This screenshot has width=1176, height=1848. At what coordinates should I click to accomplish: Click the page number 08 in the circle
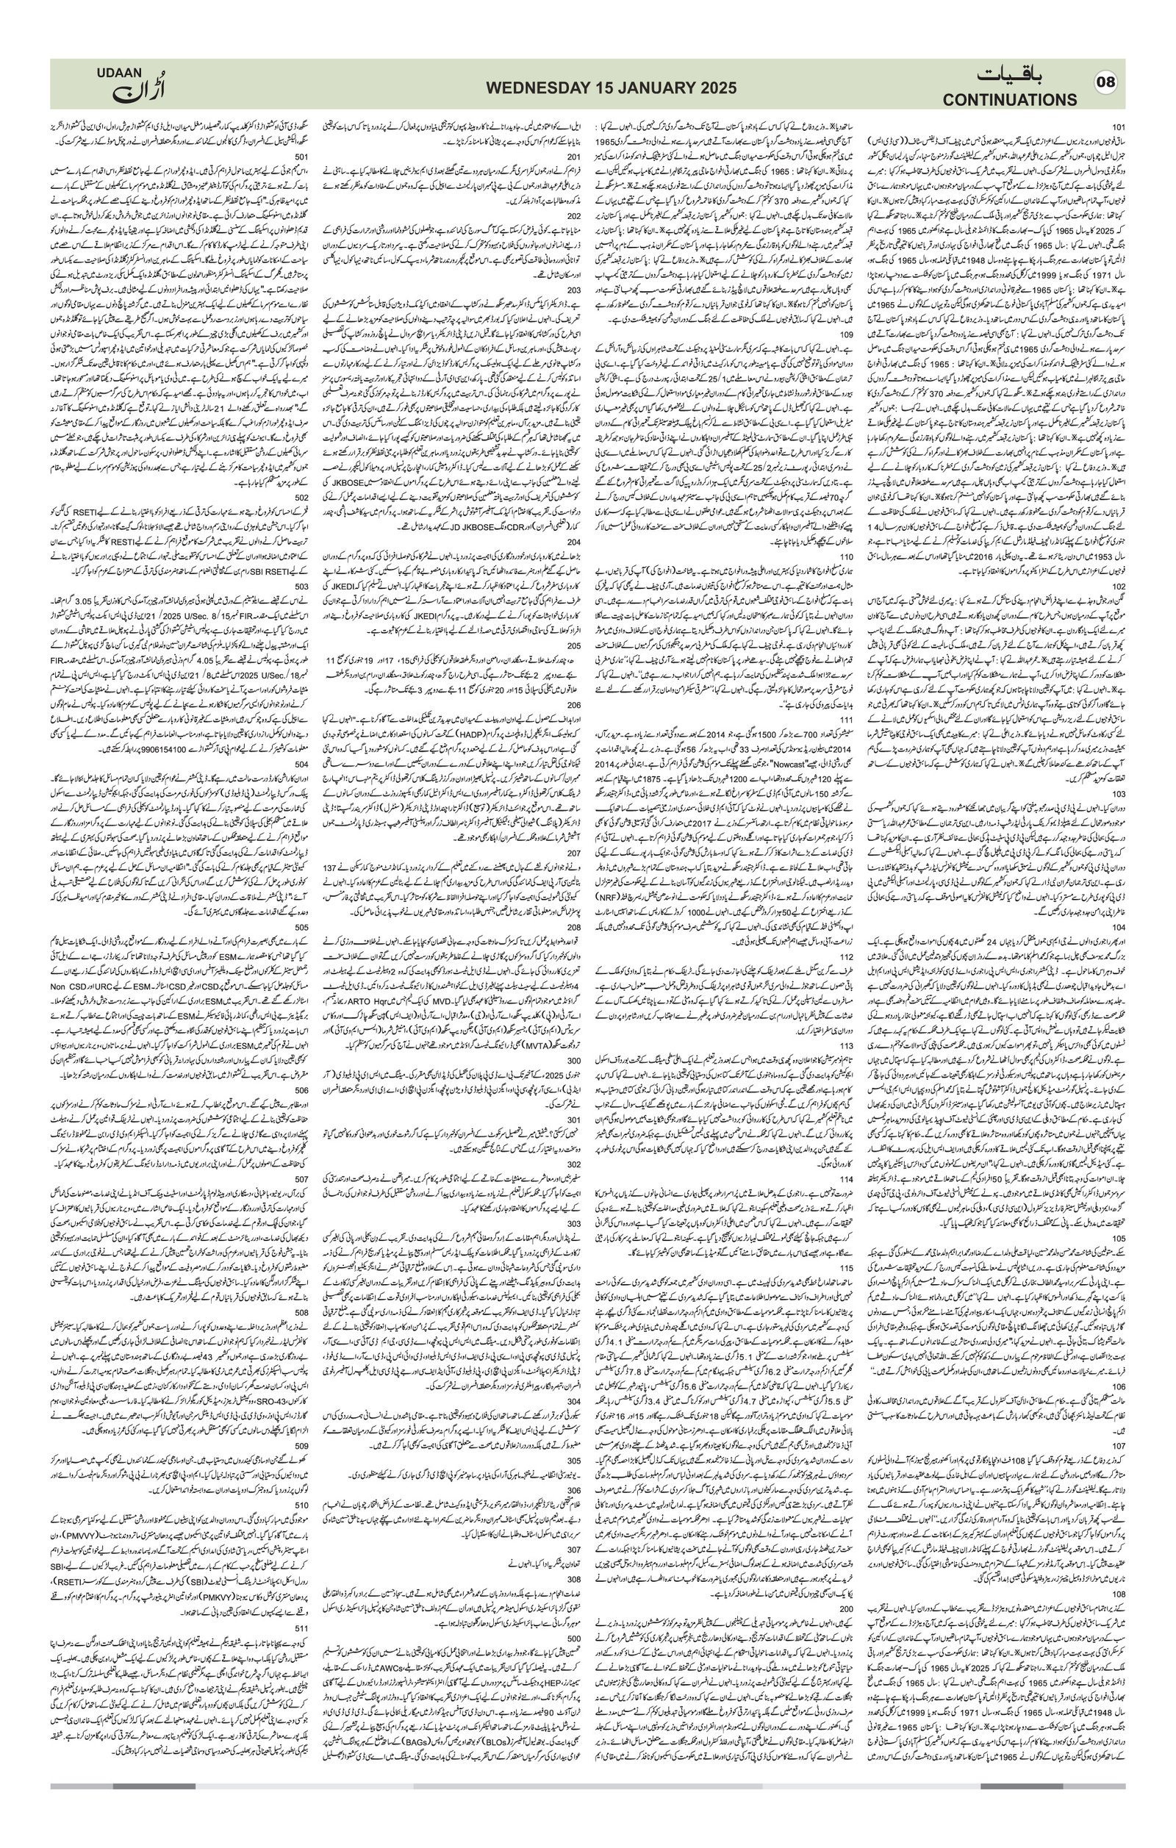point(1106,83)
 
